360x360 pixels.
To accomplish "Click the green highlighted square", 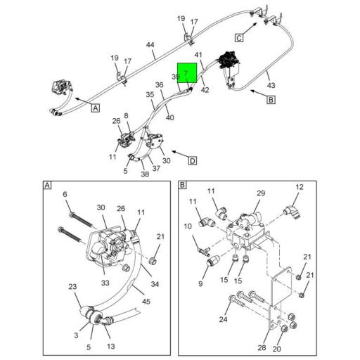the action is (187, 72).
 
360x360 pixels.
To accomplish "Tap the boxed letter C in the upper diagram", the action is (239, 38).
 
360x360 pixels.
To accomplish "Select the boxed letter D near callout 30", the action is (193, 161).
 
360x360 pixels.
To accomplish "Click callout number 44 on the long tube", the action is (150, 45).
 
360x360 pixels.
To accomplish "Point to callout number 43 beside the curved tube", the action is (271, 85).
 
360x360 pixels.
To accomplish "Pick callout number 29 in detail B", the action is (261, 193).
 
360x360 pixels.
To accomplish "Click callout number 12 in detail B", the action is (300, 187).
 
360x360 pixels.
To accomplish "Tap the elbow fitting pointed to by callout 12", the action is (292, 211).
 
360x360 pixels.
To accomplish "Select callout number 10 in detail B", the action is (188, 226).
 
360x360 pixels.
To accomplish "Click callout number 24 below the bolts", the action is (223, 319).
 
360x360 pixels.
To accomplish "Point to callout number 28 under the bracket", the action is (262, 347).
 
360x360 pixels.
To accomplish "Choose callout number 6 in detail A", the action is (65, 194).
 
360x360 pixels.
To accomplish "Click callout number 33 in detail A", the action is (105, 283).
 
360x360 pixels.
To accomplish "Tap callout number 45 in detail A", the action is (146, 302).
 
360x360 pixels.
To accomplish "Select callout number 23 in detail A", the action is (72, 287).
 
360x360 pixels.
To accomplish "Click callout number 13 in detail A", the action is (111, 347).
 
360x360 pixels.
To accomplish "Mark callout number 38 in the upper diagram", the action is (145, 174).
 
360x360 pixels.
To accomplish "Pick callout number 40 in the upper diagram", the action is (170, 117).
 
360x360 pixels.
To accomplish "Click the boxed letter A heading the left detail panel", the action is (47, 186).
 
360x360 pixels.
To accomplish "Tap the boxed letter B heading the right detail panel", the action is (182, 185).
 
